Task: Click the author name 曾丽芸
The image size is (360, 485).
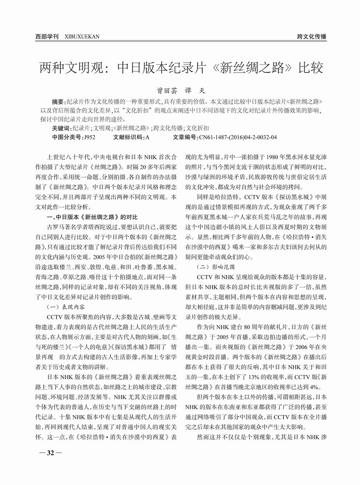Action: (166, 91)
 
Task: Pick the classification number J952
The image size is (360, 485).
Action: (88, 137)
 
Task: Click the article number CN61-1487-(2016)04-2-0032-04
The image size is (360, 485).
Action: (238, 137)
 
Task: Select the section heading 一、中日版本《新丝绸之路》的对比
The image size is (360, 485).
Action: (95, 216)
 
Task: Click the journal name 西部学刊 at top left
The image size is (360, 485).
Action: (47, 36)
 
